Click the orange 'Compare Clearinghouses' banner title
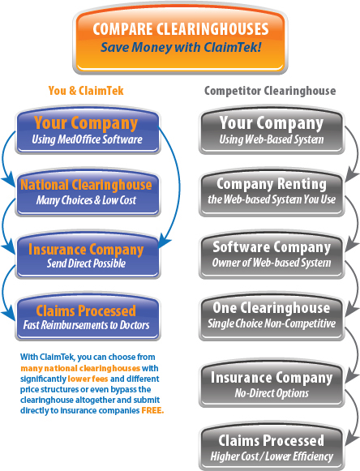pyautogui.click(x=181, y=29)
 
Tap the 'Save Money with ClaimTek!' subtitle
pyautogui.click(x=181, y=47)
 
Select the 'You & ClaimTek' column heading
pyautogui.click(x=86, y=91)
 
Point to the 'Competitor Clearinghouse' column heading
pyautogui.click(x=270, y=91)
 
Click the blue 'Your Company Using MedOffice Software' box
pyautogui.click(x=88, y=130)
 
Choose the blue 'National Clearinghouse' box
pyautogui.click(x=88, y=191)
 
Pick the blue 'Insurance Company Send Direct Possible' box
pyautogui.click(x=88, y=255)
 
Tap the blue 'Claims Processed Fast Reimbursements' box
pyautogui.click(x=88, y=316)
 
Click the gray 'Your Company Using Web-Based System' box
pyautogui.click(x=272, y=130)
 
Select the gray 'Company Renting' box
pyautogui.click(x=272, y=191)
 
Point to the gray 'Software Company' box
pyautogui.click(x=272, y=255)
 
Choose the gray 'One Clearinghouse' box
pyautogui.click(x=272, y=316)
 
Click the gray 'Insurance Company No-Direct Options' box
pyautogui.click(x=272, y=383)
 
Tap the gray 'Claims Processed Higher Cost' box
pyautogui.click(x=272, y=447)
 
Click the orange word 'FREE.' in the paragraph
pyautogui.click(x=152, y=410)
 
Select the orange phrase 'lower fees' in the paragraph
pyautogui.click(x=88, y=379)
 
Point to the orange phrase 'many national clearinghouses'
pyautogui.click(x=80, y=368)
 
